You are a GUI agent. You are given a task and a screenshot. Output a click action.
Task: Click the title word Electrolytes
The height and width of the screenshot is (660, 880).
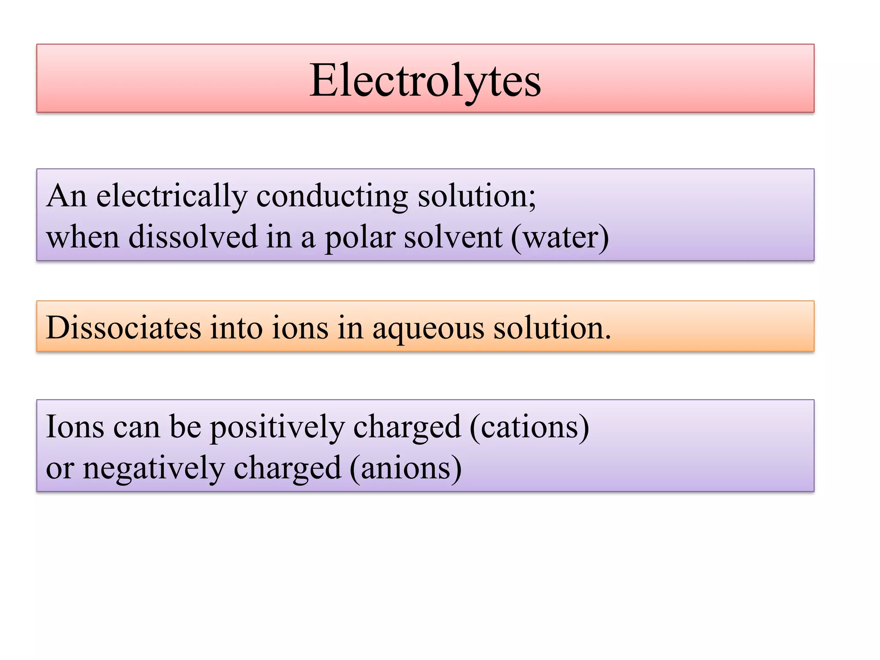(x=425, y=80)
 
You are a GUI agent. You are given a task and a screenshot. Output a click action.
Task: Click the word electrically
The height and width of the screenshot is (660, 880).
(x=171, y=196)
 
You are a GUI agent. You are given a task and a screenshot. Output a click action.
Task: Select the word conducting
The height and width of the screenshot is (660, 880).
(x=332, y=196)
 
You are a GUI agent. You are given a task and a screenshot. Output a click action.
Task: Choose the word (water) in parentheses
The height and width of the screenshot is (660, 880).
(x=560, y=238)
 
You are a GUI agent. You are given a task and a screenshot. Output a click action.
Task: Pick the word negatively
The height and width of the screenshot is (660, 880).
(x=153, y=468)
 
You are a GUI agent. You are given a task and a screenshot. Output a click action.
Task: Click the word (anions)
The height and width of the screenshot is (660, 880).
(x=406, y=468)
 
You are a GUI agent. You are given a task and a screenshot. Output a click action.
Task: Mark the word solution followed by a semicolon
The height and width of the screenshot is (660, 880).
(x=477, y=196)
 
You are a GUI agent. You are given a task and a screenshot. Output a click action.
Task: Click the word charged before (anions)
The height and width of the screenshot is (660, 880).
(x=287, y=468)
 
